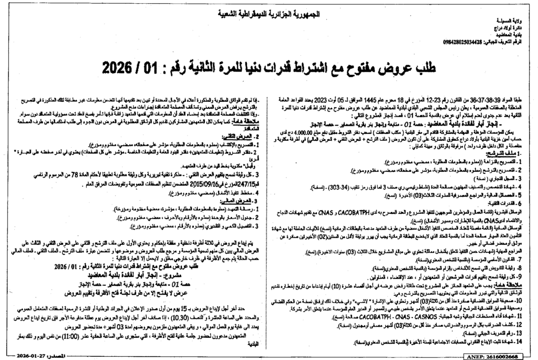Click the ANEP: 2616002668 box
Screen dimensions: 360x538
tap(502, 356)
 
